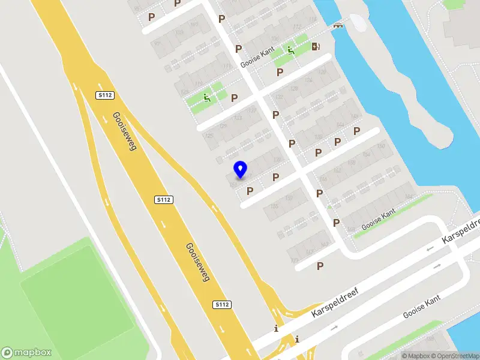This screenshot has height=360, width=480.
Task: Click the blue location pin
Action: coord(241,169)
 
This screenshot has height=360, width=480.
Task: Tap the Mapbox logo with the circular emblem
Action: coord(26,353)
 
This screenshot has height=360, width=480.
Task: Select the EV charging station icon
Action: coord(316,46)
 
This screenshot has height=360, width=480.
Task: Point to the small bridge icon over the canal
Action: coord(338,25)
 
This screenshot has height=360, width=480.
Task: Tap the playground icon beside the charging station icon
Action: coord(291,50)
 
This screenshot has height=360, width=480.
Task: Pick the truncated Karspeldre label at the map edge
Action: coord(461,230)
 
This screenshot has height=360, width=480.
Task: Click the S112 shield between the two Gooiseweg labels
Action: coord(164,200)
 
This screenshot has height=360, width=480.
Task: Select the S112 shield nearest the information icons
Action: coord(222,305)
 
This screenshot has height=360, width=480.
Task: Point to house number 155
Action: coord(274,206)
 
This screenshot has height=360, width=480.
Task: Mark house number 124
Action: coord(309,80)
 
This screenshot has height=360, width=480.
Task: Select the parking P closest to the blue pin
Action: coord(250,191)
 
